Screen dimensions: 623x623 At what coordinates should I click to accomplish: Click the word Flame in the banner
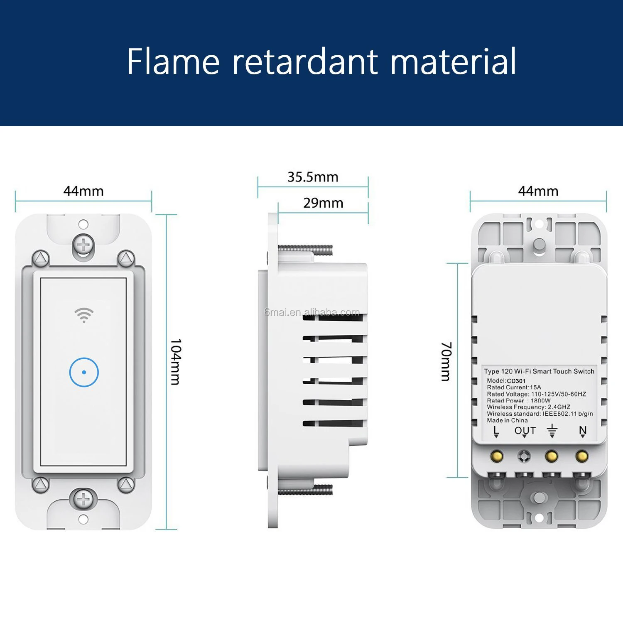click(173, 61)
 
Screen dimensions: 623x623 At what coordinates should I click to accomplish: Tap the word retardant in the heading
click(305, 61)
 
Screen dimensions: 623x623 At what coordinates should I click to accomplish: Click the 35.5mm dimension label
click(313, 177)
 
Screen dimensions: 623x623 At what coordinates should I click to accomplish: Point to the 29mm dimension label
click(323, 203)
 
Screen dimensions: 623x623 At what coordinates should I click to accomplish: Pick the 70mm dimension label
click(446, 361)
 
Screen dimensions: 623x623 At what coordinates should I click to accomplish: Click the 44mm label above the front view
click(83, 191)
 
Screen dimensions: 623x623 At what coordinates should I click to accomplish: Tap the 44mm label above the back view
click(538, 191)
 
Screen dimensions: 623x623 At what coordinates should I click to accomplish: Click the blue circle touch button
click(84, 372)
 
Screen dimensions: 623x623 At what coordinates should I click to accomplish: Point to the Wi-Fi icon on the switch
click(84, 315)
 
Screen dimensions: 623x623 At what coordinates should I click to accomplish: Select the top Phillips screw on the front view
click(83, 245)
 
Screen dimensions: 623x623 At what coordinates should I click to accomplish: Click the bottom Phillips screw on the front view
click(83, 499)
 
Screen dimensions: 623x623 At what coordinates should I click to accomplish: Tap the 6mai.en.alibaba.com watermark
click(312, 312)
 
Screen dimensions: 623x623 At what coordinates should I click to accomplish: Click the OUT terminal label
click(525, 431)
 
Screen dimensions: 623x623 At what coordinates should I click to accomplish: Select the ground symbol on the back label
click(552, 431)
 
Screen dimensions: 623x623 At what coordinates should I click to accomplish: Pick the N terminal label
click(583, 431)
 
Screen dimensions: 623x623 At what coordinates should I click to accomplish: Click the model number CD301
click(516, 381)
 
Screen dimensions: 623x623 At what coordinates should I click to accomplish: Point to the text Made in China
click(507, 420)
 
